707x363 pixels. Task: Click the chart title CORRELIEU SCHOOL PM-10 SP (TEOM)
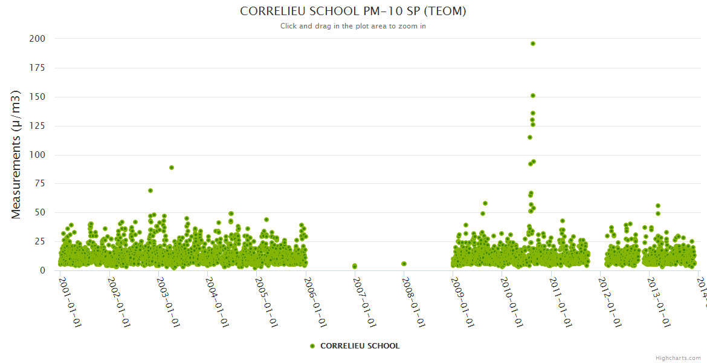coord(353,11)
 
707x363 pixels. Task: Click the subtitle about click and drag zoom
coord(353,26)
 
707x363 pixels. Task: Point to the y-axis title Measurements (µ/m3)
coord(16,154)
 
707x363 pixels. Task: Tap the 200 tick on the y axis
coord(37,39)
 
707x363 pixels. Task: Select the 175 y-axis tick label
coord(37,68)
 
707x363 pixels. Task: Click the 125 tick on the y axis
coord(37,126)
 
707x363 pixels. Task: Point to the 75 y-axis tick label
coord(39,184)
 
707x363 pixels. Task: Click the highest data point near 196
coord(532,44)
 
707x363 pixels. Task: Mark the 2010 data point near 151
coord(532,96)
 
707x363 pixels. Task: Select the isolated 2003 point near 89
coord(172,168)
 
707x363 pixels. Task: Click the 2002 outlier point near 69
coord(150,191)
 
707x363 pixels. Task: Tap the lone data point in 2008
coord(404,264)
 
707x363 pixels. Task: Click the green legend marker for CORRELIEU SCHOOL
coord(312,346)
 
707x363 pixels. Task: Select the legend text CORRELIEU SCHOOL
coord(360,346)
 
